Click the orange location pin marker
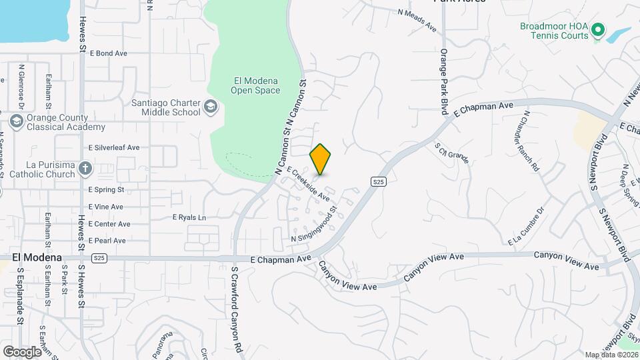[321, 159]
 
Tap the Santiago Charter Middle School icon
[211, 107]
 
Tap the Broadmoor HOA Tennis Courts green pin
[598, 30]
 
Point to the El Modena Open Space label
[255, 85]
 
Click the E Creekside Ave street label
[309, 184]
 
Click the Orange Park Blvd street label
[443, 79]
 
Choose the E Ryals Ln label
[189, 217]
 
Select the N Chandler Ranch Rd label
[531, 141]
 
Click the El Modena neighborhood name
[37, 257]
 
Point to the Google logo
[22, 351]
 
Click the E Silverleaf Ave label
[114, 147]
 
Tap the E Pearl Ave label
[107, 241]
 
